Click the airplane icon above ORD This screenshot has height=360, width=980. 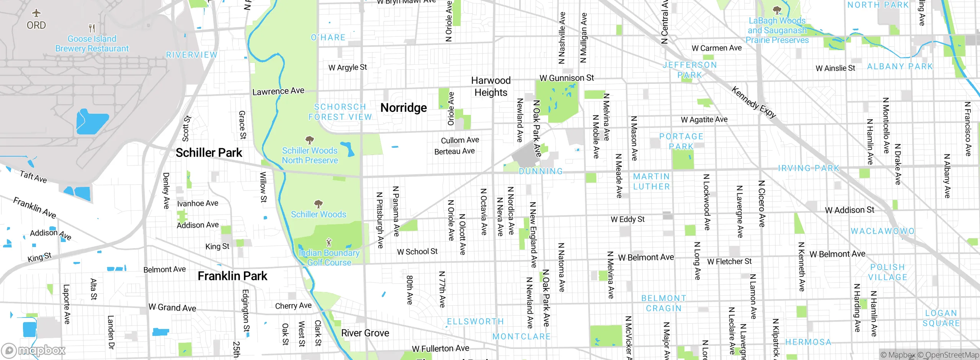point(36,13)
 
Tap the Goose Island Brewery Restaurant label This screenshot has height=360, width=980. point(92,44)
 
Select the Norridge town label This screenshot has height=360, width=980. point(403,108)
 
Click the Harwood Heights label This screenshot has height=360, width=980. point(491,87)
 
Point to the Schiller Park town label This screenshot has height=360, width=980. point(209,153)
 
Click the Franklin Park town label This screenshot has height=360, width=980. point(232,276)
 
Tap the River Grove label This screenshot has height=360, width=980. point(365,333)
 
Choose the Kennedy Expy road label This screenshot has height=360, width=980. point(753,102)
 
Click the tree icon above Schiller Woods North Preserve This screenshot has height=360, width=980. point(310,140)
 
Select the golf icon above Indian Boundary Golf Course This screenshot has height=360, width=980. point(328,242)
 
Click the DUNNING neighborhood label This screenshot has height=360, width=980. point(541,172)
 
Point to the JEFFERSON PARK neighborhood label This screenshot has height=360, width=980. point(690,70)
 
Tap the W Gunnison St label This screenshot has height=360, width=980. point(567,78)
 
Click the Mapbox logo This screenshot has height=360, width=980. point(34,350)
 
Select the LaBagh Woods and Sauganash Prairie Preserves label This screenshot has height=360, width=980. point(777,30)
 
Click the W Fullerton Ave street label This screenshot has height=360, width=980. point(440,349)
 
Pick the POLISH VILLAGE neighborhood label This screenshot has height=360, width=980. point(887,272)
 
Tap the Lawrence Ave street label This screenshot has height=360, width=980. point(278,91)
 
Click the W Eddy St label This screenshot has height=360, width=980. point(627,219)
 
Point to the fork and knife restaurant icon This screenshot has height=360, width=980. point(92,28)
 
